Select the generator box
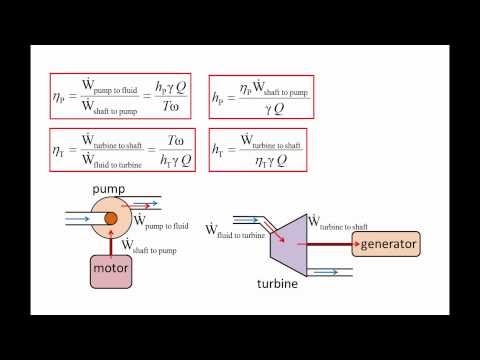click(385, 245)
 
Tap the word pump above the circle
click(108, 188)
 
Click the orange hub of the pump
click(111, 219)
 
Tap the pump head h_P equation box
click(260, 96)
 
